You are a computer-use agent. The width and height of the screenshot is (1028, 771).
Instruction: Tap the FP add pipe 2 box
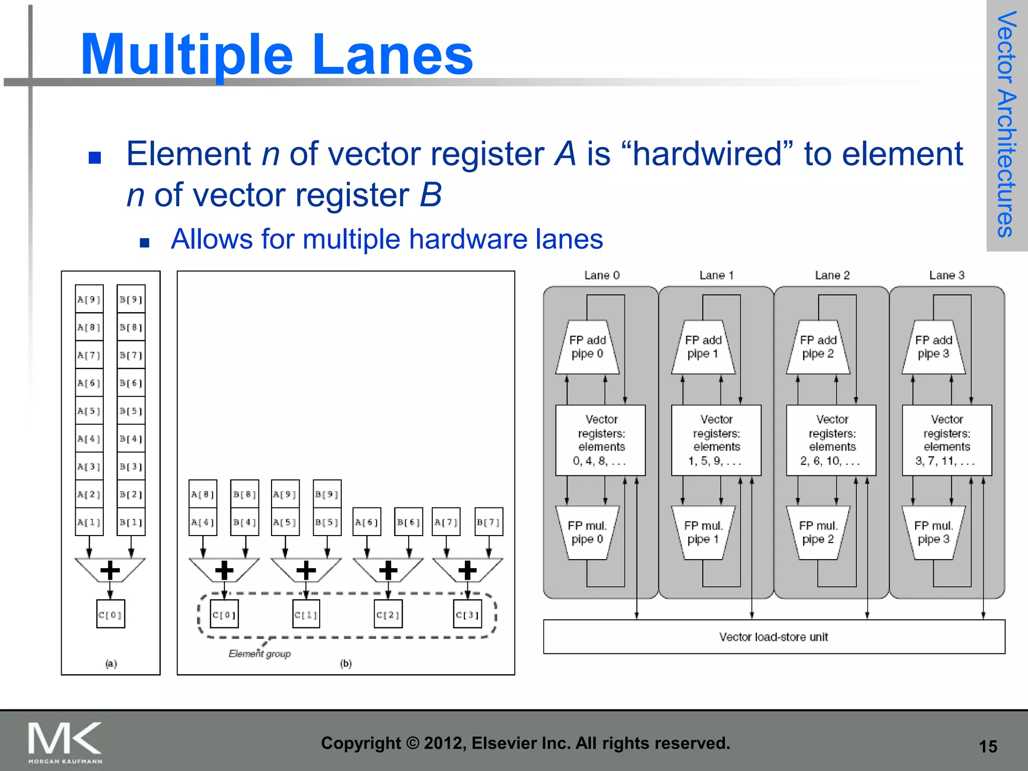coord(818,347)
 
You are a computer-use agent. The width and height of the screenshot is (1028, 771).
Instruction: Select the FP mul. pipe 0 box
coord(587,533)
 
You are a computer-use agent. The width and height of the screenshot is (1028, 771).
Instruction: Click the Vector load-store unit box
coord(774,636)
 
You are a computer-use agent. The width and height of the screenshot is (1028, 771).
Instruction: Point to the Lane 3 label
coord(946,275)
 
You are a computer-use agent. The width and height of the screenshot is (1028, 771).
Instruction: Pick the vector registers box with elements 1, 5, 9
coord(716,440)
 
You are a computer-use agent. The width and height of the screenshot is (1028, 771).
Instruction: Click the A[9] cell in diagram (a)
coord(89,299)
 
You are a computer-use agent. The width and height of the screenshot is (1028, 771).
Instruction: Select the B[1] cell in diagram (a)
coord(131,522)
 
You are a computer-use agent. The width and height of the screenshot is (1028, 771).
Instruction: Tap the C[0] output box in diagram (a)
coord(110,614)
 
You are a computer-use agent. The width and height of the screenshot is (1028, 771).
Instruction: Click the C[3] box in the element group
coord(467,614)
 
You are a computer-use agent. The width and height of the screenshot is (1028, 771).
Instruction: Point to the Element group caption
coord(260,654)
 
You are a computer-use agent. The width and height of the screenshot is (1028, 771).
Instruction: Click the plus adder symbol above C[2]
coord(388,570)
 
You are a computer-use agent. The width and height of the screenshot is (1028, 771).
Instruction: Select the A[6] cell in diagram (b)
coord(366,522)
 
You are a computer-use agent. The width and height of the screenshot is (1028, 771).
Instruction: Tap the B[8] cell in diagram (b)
coord(244,494)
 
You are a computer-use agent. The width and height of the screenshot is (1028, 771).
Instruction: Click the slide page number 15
coord(987,746)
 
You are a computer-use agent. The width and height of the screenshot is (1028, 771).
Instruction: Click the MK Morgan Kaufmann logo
coord(65,742)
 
